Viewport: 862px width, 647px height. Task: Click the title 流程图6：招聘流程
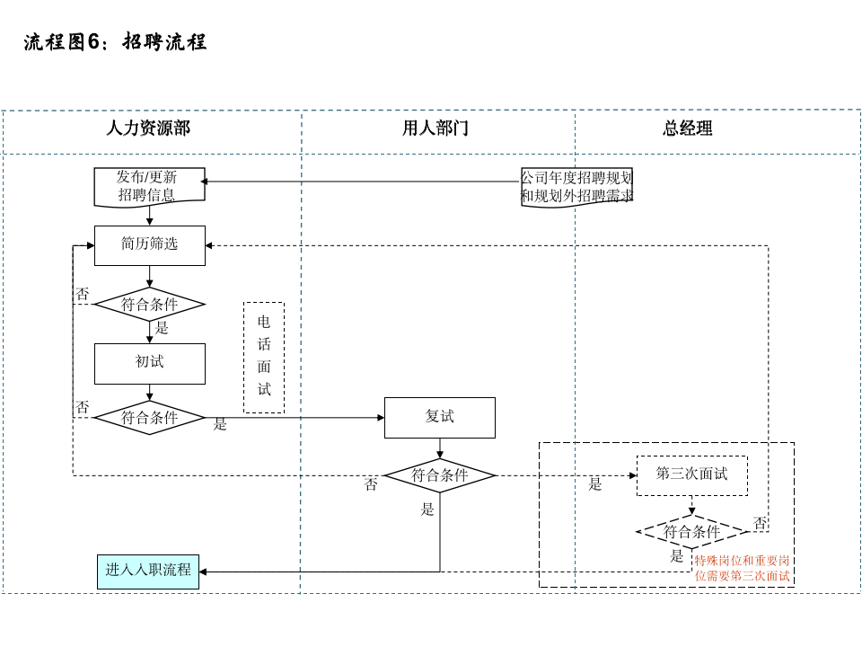tap(115, 42)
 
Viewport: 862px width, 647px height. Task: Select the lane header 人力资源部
tap(148, 129)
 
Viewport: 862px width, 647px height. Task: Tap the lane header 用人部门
tap(435, 129)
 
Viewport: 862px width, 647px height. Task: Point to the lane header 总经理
tap(688, 129)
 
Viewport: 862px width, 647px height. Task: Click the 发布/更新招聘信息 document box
tap(149, 186)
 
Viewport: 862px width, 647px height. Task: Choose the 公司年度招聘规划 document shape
tap(577, 187)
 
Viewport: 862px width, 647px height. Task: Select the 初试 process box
tap(150, 363)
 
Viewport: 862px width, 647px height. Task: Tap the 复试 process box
tap(440, 418)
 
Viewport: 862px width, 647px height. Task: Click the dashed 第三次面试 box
tap(691, 475)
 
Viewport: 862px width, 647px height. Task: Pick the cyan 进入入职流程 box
tap(148, 572)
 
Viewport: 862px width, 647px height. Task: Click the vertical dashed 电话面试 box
tap(264, 357)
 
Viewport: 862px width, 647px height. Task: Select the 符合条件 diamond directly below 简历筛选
tap(150, 305)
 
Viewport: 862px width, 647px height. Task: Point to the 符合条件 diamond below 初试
tap(150, 418)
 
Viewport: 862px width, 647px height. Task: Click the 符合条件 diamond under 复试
tap(440, 475)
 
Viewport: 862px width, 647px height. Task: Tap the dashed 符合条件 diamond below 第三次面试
tap(691, 532)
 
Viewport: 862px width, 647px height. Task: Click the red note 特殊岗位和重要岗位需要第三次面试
tap(742, 568)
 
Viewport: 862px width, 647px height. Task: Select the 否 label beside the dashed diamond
tap(760, 522)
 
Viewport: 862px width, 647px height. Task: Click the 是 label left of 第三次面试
tap(595, 484)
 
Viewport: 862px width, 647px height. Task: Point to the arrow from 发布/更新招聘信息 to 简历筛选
tap(150, 216)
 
